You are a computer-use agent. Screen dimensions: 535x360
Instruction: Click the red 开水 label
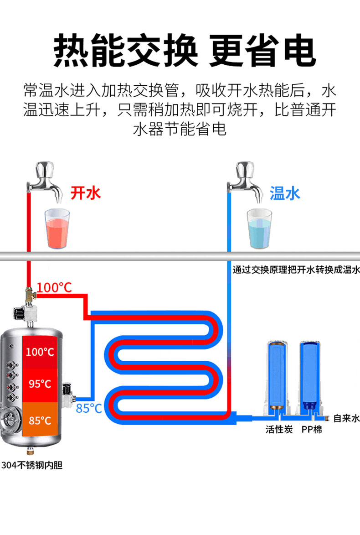coord(85,193)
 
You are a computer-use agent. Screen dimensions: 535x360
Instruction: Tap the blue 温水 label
coord(285,193)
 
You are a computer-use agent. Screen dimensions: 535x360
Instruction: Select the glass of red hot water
coord(57,229)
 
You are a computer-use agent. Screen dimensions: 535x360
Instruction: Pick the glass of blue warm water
coord(259,229)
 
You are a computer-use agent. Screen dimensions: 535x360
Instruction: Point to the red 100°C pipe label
coord(54,288)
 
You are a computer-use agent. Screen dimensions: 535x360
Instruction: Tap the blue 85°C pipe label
coord(89,408)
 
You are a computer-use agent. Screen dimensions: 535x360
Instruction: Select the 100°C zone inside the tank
coord(40,352)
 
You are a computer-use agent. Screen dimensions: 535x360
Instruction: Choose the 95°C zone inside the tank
coord(40,384)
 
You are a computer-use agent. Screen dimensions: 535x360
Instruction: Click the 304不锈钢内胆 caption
coord(31,466)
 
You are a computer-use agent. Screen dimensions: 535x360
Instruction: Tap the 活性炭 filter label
coord(279,430)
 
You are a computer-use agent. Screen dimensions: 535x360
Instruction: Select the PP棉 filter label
coord(311,430)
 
